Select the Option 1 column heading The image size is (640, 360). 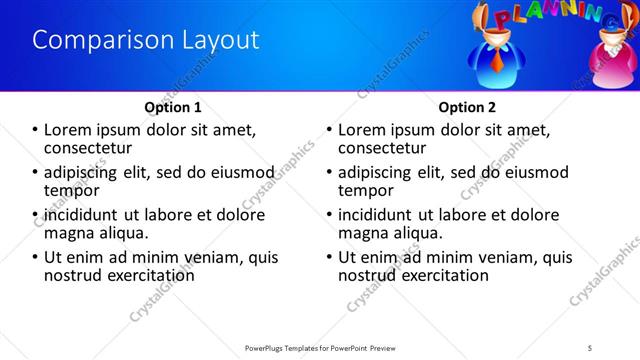coord(173,106)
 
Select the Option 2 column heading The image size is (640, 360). coord(466,106)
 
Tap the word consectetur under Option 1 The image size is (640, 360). coord(92,148)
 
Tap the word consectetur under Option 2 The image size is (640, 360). coord(386,148)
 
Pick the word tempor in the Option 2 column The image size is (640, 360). coord(366,190)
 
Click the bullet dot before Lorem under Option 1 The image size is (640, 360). coord(35,130)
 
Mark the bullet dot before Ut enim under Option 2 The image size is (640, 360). coord(329,257)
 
